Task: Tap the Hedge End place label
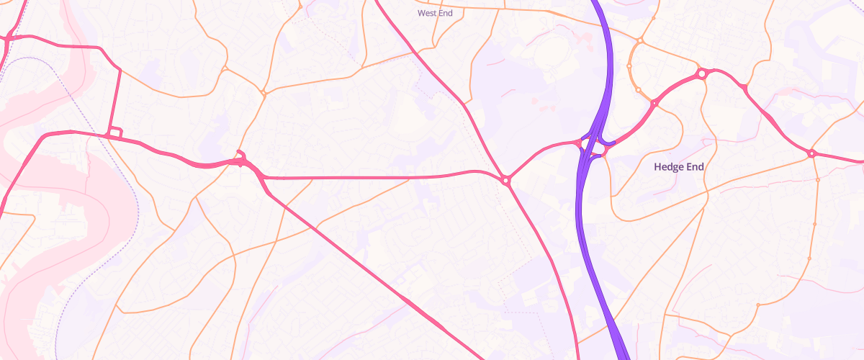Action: point(678,167)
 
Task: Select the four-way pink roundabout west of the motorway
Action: point(507,180)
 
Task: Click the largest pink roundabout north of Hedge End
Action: point(701,73)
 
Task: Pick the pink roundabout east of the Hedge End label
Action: point(811,153)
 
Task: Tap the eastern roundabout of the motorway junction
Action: point(604,151)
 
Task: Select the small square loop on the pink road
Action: point(114,133)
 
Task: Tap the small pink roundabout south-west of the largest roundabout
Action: point(654,104)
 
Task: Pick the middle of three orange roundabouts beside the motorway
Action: point(629,66)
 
